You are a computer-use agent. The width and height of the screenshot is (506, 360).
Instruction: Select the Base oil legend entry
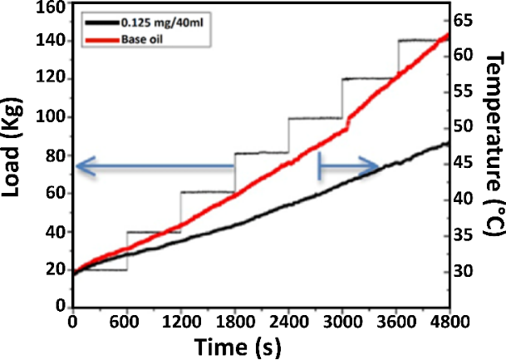pos(141,37)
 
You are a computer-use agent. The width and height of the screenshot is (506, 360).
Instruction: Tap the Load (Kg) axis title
pos(14,155)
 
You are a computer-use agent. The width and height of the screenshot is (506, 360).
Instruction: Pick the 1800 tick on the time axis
pos(234,321)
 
